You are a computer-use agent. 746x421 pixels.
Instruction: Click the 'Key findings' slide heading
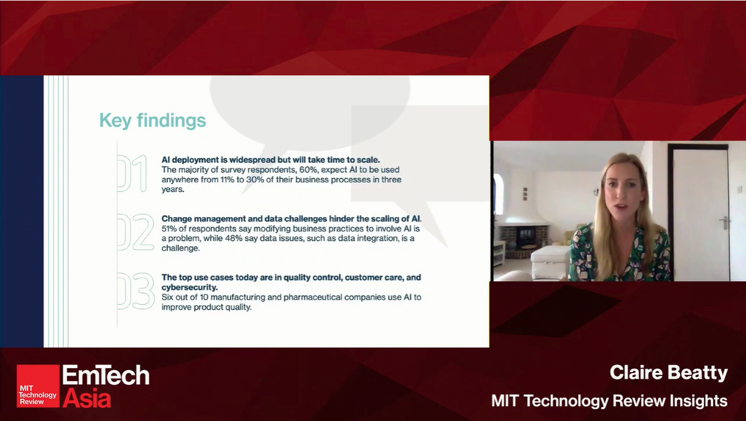(x=152, y=120)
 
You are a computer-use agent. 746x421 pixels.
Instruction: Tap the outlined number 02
(x=134, y=233)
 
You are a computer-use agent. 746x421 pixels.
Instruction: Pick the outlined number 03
(x=134, y=292)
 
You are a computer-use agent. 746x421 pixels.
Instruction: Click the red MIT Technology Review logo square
(x=38, y=386)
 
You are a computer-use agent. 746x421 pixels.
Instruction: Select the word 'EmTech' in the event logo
(x=106, y=376)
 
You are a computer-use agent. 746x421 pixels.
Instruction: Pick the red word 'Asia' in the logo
(x=86, y=397)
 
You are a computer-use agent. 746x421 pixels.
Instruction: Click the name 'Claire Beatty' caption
(x=668, y=372)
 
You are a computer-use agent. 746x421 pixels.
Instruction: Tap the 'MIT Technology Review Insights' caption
(x=609, y=401)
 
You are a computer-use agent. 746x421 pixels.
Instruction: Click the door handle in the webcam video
(x=724, y=222)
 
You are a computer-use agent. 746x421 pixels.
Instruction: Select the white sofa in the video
(x=550, y=261)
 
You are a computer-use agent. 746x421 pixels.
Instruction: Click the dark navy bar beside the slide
(x=22, y=211)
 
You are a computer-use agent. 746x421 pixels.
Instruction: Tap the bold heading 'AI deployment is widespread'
(x=224, y=159)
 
